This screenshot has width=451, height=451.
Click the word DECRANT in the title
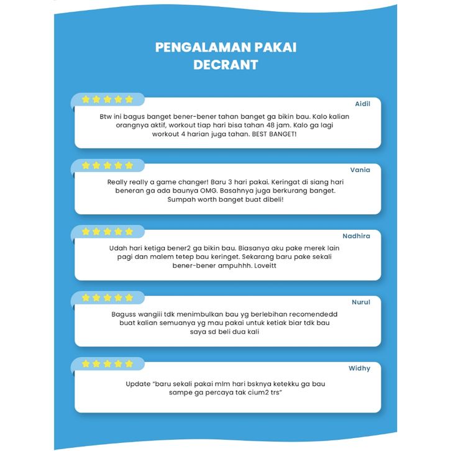point(225,64)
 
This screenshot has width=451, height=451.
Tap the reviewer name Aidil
point(362,104)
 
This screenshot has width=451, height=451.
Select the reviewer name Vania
point(360,170)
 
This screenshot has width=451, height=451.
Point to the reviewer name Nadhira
point(357,236)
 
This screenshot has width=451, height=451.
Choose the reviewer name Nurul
point(361,302)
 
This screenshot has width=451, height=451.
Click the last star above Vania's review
point(129,166)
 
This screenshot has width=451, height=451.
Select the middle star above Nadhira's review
point(107,232)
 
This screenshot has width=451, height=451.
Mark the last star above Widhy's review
point(129,363)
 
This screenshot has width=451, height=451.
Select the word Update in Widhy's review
point(138,384)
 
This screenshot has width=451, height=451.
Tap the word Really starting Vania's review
point(118,182)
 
